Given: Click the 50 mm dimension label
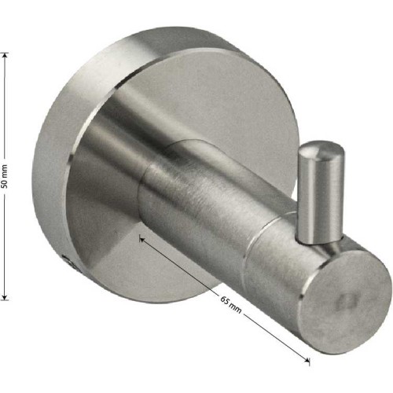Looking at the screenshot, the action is tap(5, 176).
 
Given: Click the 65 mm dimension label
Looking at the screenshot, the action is tap(230, 304).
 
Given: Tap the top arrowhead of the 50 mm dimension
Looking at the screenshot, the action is tap(5, 57).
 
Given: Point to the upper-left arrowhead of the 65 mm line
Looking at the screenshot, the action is tap(143, 240).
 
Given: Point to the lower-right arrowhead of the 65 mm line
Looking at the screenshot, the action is tap(306, 359).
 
